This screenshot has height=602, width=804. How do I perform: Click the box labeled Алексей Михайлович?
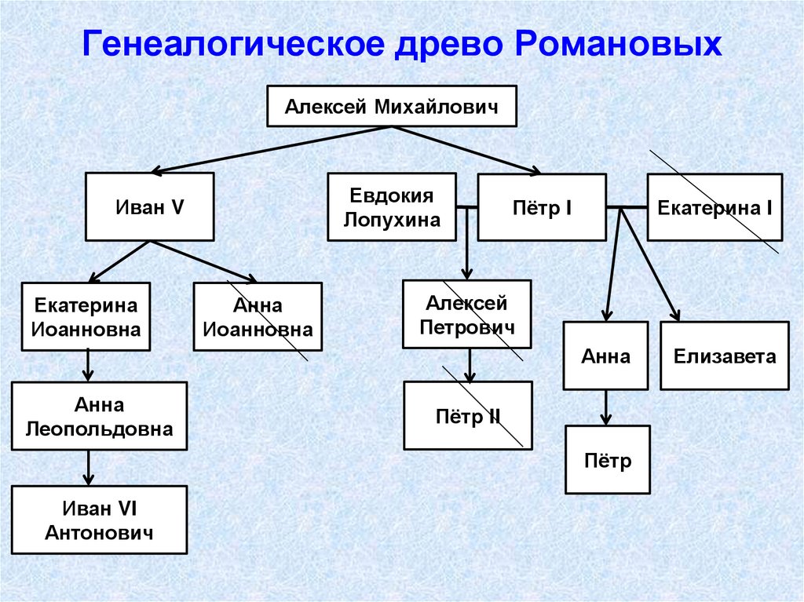391,106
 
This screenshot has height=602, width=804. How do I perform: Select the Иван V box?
149,207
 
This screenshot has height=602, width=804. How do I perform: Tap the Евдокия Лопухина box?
392,207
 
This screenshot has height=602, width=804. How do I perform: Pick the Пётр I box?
541,207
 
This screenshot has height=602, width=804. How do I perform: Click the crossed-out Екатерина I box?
714,207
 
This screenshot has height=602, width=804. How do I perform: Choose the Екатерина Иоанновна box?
86,316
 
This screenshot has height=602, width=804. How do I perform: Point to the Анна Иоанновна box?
258,316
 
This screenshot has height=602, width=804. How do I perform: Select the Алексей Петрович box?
466,314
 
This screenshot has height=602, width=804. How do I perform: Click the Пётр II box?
467,415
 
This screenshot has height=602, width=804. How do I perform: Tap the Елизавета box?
724,356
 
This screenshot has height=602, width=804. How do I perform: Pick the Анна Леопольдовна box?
99,416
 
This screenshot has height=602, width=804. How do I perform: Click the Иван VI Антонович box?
99,520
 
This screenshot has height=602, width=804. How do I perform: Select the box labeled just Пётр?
607,459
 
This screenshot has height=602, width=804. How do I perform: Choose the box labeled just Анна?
605,356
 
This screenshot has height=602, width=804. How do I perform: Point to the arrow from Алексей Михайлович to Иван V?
267,149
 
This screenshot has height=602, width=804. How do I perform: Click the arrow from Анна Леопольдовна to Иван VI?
88,468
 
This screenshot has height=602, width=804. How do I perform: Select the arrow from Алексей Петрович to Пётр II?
470,365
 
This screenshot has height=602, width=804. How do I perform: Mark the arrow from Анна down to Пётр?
606,407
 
